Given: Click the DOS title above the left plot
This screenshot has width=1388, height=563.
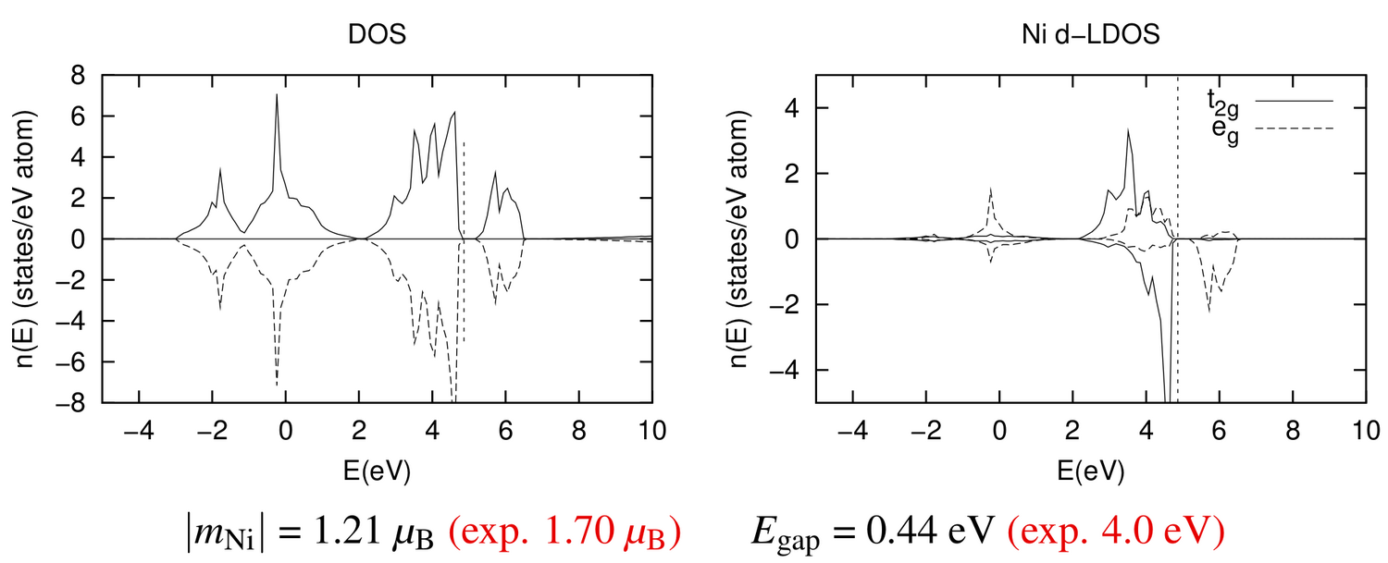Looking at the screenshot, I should coord(377,34).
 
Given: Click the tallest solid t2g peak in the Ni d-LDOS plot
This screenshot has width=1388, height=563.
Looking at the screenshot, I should coord(1128,130).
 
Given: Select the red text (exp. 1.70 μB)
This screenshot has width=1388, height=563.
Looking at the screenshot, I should coord(564,532).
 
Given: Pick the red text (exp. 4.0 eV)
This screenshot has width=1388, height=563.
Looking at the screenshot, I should coord(1116,532).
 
